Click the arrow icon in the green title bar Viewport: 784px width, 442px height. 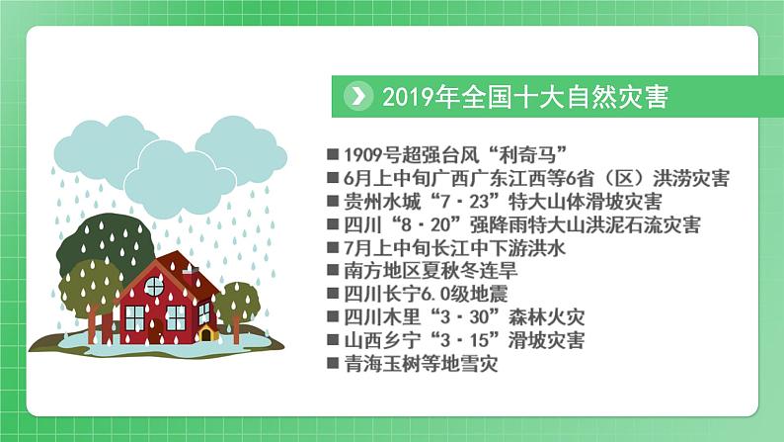tap(358, 96)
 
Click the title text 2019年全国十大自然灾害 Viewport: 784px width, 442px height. tap(525, 97)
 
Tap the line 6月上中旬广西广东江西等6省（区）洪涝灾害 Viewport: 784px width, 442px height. tap(537, 178)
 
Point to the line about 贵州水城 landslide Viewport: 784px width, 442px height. tap(503, 202)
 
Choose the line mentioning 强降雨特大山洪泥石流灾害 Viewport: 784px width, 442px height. tap(522, 224)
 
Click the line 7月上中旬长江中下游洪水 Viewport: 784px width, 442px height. tap(454, 248)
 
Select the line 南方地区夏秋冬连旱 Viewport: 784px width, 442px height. tap(431, 271)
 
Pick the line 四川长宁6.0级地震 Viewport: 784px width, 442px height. tap(426, 294)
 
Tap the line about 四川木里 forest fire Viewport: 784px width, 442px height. tap(464, 316)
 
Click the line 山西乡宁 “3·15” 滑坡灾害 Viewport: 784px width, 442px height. tap(464, 340)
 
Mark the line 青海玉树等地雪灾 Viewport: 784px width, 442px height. tap(421, 364)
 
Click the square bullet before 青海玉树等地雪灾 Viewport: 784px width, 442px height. tap(333, 363)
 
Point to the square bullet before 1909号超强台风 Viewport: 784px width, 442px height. tap(333, 154)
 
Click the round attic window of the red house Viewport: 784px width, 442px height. tap(154, 286)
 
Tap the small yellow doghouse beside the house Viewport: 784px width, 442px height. tap(207, 332)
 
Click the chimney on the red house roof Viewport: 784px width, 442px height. tap(190, 271)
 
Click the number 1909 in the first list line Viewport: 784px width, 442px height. tap(362, 155)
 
